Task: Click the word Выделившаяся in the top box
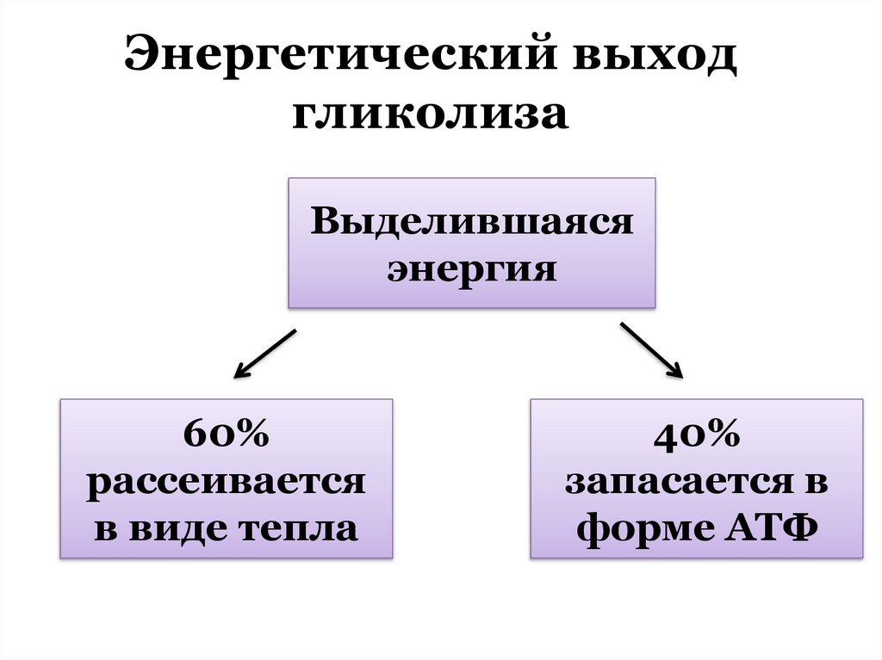[472, 223]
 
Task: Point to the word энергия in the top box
[472, 269]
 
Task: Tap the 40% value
[696, 435]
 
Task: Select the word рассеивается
[226, 482]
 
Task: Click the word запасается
[667, 482]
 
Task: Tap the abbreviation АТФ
[773, 527]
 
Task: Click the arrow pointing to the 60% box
[264, 353]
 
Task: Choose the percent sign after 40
[722, 435]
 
